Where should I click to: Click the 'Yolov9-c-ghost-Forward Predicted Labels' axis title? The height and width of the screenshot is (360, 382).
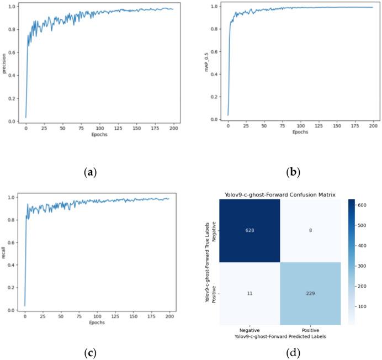click(280, 335)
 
